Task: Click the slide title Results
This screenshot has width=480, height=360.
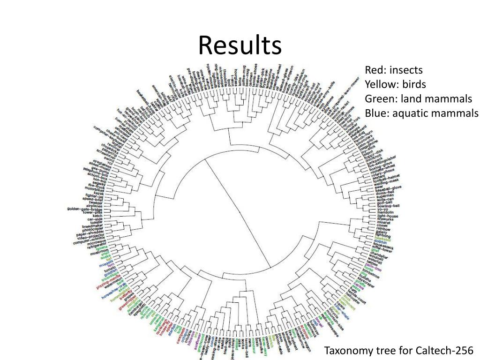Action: [x=240, y=46]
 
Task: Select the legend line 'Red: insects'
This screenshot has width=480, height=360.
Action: [x=394, y=70]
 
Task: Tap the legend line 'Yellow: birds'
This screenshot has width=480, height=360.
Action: [x=396, y=85]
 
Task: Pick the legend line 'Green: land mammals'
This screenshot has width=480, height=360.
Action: [x=419, y=99]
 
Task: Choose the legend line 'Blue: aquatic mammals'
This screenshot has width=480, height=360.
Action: [x=422, y=113]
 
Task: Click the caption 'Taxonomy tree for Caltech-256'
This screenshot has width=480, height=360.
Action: [x=399, y=351]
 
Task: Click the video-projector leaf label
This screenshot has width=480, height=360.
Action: [x=92, y=238]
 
